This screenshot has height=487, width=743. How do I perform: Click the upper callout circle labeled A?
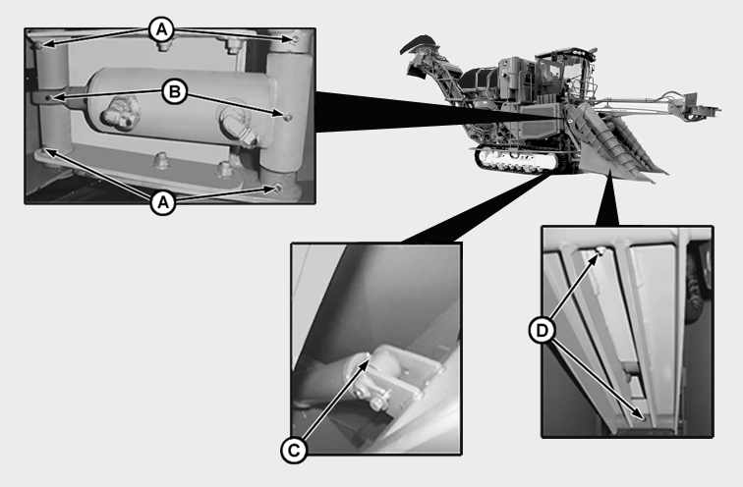pyautogui.click(x=161, y=30)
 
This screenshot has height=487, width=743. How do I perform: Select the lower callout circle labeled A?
pyautogui.click(x=163, y=203)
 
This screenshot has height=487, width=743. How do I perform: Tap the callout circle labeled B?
pyautogui.click(x=175, y=91)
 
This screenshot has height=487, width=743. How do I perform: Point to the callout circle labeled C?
pyautogui.click(x=294, y=450)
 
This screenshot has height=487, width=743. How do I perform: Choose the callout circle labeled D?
pyautogui.click(x=542, y=331)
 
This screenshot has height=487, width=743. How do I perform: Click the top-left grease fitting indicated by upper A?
pyautogui.click(x=39, y=45)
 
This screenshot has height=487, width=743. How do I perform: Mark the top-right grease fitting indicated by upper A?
pyautogui.click(x=296, y=39)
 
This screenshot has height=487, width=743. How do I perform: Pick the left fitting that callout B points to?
pyautogui.click(x=48, y=97)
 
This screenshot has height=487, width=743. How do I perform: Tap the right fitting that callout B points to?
pyautogui.click(x=288, y=117)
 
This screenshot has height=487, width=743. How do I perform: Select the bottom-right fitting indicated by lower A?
pyautogui.click(x=278, y=189)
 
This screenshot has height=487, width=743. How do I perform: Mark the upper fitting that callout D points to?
pyautogui.click(x=600, y=251)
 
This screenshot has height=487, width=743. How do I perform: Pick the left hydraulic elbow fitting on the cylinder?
pyautogui.click(x=119, y=114)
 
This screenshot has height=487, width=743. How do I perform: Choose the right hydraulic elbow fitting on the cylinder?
pyautogui.click(x=239, y=127)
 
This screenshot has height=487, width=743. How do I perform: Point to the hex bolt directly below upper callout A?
pyautogui.click(x=163, y=45)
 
